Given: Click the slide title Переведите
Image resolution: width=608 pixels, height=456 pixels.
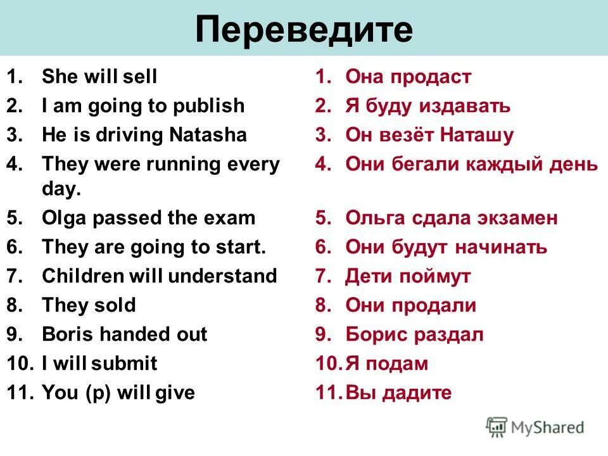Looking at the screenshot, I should tap(304, 29).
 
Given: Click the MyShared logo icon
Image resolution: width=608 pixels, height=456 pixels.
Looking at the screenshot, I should tap(497, 427).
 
